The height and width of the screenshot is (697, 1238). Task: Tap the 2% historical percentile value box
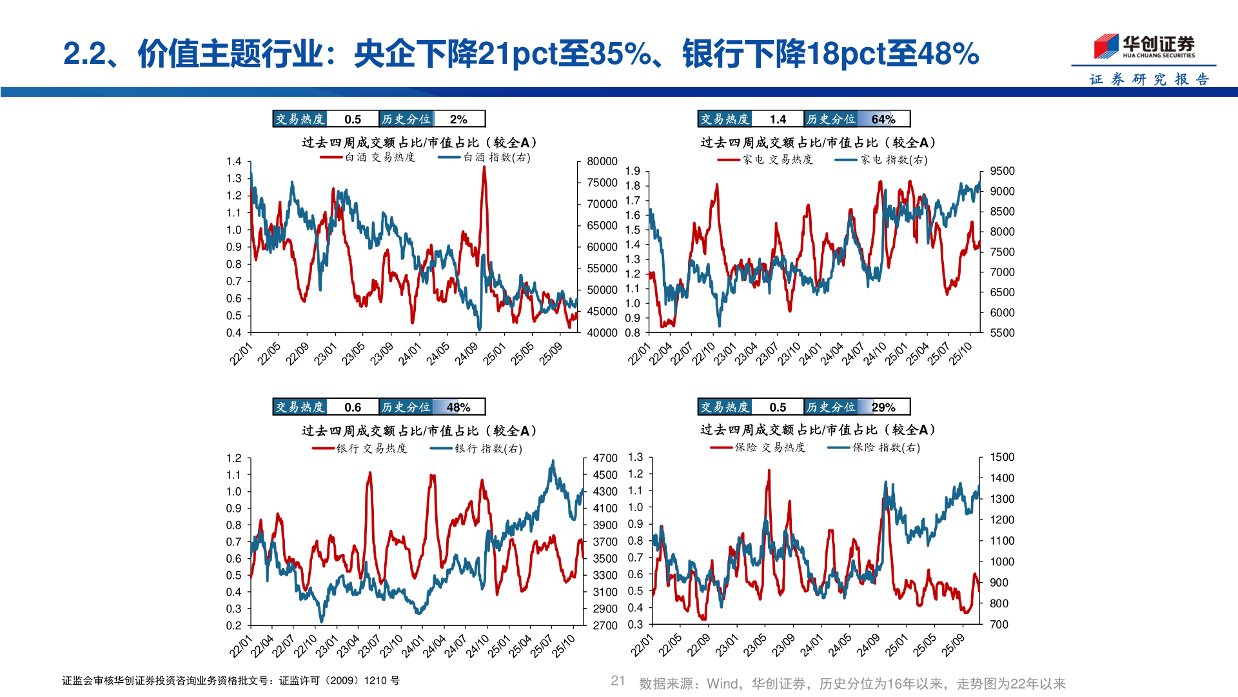click(x=458, y=119)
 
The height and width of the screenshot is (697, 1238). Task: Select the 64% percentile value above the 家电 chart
click(x=883, y=119)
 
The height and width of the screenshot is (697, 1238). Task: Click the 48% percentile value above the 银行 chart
click(x=458, y=407)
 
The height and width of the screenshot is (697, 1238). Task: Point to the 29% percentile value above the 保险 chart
click(x=883, y=407)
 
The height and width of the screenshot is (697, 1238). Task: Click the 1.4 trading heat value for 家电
click(x=778, y=119)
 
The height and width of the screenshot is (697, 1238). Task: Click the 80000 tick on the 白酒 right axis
click(x=602, y=161)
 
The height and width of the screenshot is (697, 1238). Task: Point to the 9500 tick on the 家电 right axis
click(x=1002, y=171)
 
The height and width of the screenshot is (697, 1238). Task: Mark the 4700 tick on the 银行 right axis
click(x=605, y=458)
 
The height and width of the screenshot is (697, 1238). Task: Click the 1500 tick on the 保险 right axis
click(x=1002, y=457)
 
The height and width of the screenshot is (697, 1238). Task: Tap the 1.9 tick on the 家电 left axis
click(x=633, y=171)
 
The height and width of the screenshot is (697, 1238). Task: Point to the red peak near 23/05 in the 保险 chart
click(x=769, y=472)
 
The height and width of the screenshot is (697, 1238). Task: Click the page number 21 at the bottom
click(x=618, y=681)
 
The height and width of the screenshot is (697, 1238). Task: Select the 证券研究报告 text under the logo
click(x=1149, y=79)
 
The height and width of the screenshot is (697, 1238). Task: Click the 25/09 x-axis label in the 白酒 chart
click(x=551, y=354)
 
